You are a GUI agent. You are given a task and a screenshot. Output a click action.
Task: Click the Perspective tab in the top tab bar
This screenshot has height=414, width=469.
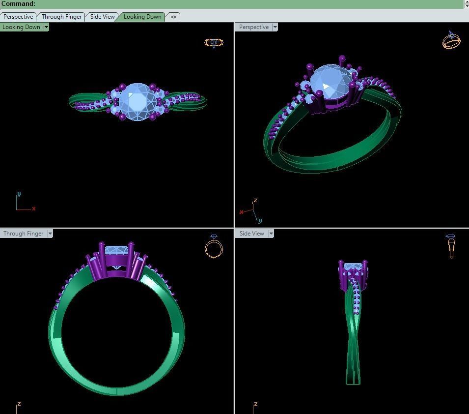click(x=18, y=17)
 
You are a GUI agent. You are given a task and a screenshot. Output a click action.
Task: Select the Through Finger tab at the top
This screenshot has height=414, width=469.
click(x=61, y=17)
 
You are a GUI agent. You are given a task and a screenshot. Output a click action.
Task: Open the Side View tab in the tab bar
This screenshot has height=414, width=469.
click(x=102, y=17)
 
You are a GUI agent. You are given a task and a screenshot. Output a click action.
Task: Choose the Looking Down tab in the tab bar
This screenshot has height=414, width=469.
click(x=142, y=17)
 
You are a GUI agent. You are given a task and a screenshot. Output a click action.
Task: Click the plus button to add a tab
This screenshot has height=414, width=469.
click(x=173, y=17)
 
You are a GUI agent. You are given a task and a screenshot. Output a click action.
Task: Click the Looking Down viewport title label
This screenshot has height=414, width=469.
click(x=21, y=27)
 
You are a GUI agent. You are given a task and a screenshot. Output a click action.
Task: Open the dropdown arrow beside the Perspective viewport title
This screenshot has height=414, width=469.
click(x=275, y=27)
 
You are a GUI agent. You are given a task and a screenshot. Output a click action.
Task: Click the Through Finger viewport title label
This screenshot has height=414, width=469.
click(x=23, y=234)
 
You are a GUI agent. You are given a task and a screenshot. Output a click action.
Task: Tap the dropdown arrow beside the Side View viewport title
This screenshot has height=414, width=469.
click(x=271, y=234)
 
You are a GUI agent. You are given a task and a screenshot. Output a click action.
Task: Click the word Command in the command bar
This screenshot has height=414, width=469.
click(x=18, y=3)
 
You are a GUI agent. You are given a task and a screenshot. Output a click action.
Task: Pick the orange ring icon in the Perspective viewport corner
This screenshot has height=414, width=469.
click(x=451, y=41)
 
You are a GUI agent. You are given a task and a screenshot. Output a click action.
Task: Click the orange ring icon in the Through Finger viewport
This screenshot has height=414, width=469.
click(x=214, y=247)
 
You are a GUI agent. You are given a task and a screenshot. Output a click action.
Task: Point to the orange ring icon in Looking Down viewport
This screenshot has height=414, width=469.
click(x=214, y=43)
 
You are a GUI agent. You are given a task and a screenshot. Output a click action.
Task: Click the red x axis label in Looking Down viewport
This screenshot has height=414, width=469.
click(x=34, y=209)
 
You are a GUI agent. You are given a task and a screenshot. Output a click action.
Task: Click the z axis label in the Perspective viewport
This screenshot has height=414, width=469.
click(x=255, y=201)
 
